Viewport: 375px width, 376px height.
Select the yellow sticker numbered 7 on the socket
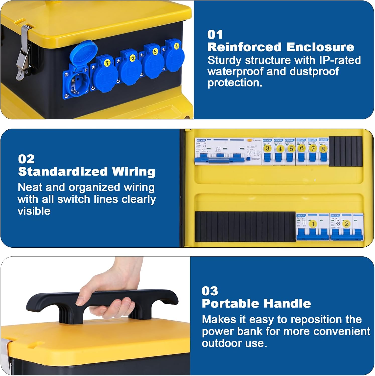[x=107, y=63]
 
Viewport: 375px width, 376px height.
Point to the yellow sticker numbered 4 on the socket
[x=176, y=46]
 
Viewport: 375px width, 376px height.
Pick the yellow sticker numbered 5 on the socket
[x=155, y=52]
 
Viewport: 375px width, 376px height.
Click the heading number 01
[x=215, y=35]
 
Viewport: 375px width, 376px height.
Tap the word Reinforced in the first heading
[x=244, y=47]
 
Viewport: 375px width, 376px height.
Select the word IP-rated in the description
[x=340, y=60]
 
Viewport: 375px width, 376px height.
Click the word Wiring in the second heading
[x=134, y=172]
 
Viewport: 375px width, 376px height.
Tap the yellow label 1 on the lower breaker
[x=313, y=224]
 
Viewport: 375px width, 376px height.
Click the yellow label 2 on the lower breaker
[x=347, y=224]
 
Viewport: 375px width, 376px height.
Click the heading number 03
[x=210, y=291]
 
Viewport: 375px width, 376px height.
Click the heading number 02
[x=26, y=159]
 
